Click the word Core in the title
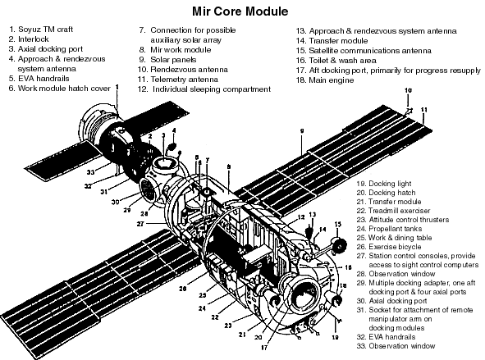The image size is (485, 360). point(239,11)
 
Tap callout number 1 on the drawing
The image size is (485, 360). point(117,86)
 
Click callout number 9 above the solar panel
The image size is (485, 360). point(303,130)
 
